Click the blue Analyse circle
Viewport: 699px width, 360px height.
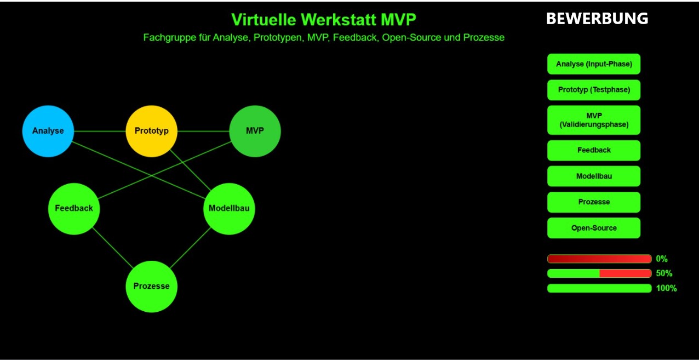click(48, 131)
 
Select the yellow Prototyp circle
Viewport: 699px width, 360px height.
click(152, 131)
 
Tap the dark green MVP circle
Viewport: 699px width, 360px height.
click(255, 131)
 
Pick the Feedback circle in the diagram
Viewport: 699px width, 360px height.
click(74, 209)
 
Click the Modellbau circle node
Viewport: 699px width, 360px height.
click(229, 209)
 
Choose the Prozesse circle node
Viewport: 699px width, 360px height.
click(152, 287)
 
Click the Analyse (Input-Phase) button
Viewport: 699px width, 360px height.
click(594, 64)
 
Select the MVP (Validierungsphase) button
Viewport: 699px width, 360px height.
click(594, 120)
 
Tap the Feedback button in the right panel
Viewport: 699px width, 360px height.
click(594, 151)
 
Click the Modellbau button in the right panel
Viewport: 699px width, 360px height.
click(594, 176)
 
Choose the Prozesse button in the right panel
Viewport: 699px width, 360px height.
click(594, 202)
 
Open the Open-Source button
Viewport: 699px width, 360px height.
click(594, 228)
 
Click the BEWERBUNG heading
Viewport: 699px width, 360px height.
click(597, 19)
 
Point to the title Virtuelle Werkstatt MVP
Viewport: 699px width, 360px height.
click(324, 20)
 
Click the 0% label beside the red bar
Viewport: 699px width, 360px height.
click(662, 259)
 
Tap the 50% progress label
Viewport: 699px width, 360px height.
click(664, 273)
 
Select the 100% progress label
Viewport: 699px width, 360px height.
click(666, 288)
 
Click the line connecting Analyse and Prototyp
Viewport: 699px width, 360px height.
click(100, 131)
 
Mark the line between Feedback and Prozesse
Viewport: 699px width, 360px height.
click(113, 248)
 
